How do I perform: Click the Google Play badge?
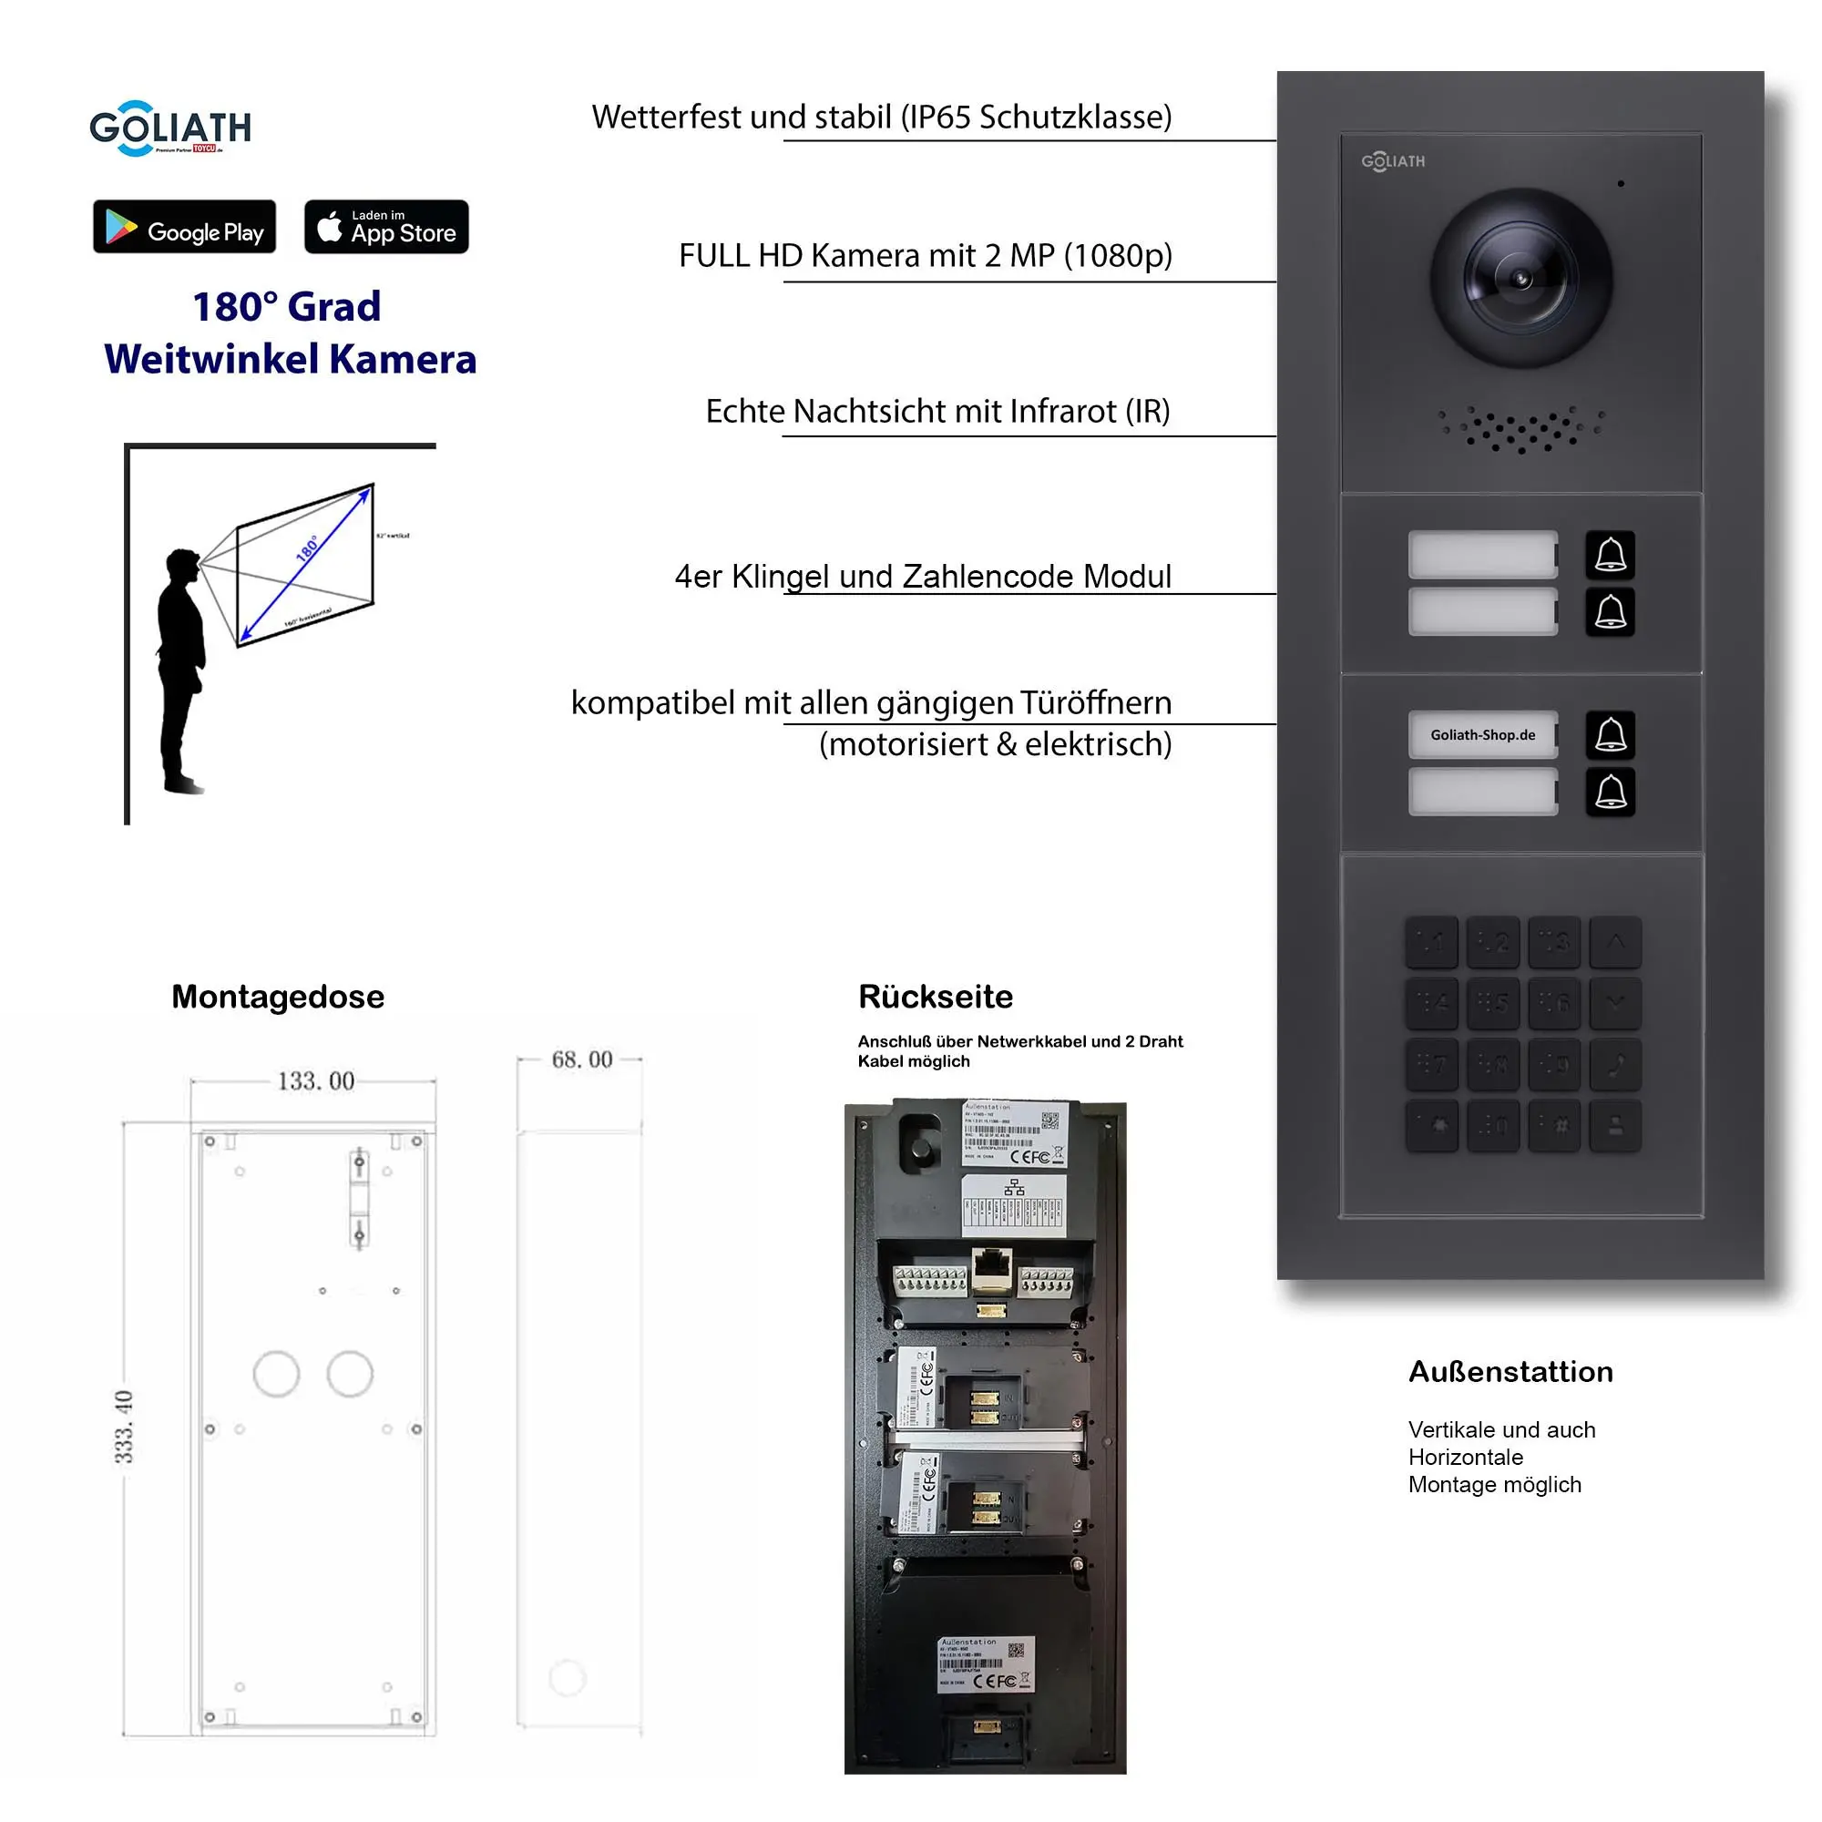click(184, 226)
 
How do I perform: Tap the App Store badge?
click(385, 226)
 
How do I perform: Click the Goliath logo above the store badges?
click(170, 128)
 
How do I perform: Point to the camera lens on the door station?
click(1520, 279)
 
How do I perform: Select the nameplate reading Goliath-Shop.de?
click(1482, 734)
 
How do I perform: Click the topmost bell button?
click(1610, 555)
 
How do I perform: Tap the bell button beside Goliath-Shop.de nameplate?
click(1610, 734)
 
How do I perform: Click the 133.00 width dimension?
click(315, 1080)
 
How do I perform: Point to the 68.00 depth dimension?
click(582, 1059)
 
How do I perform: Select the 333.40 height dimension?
click(124, 1427)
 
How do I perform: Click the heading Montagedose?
click(277, 997)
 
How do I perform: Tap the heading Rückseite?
click(936, 997)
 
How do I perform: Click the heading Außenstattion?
click(1510, 1371)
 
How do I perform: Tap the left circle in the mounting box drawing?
click(276, 1374)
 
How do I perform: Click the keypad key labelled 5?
click(1493, 1002)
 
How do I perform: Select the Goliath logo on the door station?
click(1393, 161)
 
